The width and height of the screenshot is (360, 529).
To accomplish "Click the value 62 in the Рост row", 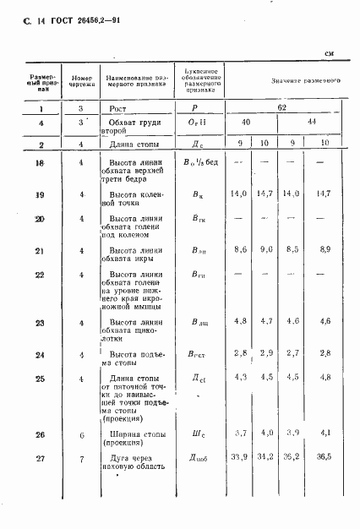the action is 285,109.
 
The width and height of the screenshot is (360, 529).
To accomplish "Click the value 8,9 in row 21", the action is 326,252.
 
